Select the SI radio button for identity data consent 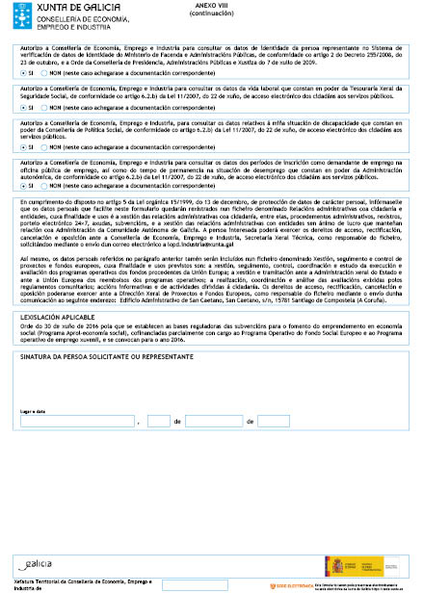(24, 72)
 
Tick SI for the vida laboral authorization (24, 108)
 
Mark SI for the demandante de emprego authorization (24, 186)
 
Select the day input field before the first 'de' (157, 421)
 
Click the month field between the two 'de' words (213, 421)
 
